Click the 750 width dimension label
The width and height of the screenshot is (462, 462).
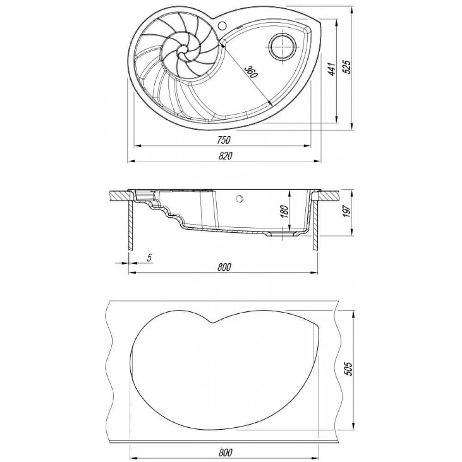223,140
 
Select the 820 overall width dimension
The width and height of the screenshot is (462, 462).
225,156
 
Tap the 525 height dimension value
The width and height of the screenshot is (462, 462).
348,67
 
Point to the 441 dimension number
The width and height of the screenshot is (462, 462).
332,69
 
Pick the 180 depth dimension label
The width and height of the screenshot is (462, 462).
284,211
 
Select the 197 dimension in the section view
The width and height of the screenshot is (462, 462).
347,211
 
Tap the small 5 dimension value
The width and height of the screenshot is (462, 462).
149,257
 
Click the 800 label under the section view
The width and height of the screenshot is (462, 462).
225,267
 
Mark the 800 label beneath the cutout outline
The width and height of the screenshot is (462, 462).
225,452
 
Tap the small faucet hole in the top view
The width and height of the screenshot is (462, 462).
222,25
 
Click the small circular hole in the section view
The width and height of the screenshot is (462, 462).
239,198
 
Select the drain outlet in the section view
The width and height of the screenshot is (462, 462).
283,233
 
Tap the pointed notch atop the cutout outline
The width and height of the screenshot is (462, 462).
213,322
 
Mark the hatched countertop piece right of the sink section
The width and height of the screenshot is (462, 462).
328,196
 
